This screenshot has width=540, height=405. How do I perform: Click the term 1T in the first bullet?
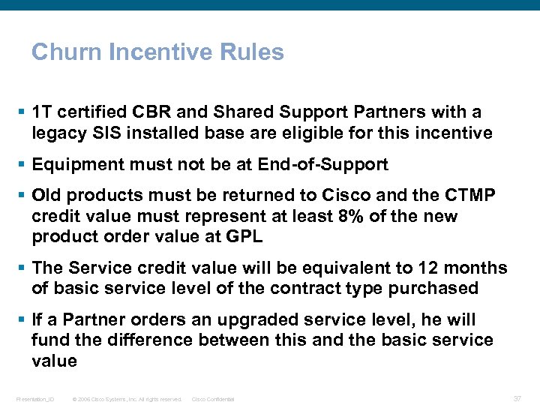point(41,112)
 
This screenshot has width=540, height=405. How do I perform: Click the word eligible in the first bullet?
point(325,133)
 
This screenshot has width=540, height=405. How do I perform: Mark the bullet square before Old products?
point(25,196)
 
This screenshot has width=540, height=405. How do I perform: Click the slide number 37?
point(517,398)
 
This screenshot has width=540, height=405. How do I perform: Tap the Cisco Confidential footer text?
point(213,399)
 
